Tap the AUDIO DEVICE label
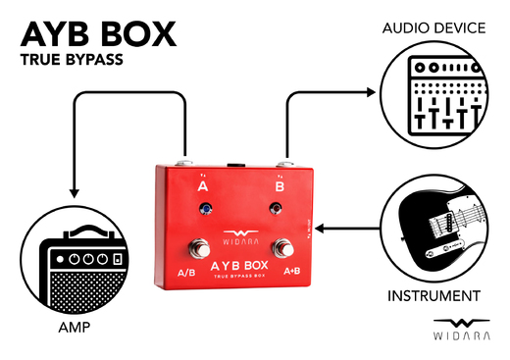tap(433, 27)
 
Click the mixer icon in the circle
tap(433, 94)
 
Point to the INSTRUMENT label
tap(433, 295)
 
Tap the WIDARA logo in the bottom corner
tap(459, 331)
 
